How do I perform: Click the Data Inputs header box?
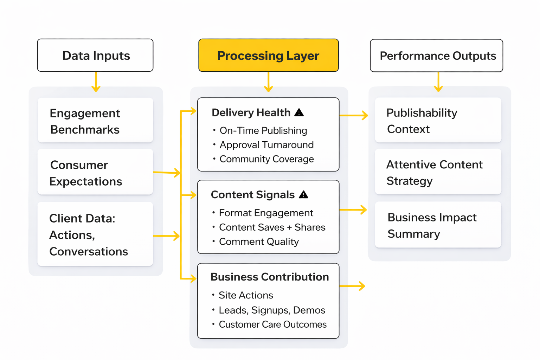[95, 56]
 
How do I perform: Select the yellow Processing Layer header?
[268, 56]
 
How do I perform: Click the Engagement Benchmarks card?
[95, 121]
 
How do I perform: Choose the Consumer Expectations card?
[95, 172]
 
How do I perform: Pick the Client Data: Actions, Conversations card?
[95, 234]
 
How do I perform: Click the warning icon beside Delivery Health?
[299, 112]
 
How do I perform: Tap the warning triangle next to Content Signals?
[303, 195]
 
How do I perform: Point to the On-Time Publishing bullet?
[263, 131]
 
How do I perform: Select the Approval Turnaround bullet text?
[266, 145]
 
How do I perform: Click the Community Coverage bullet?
[266, 159]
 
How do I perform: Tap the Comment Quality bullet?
[258, 242]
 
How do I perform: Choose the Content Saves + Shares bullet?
[272, 227]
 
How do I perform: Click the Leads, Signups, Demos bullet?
[271, 310]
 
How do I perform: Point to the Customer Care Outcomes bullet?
[272, 324]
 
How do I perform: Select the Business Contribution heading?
[269, 277]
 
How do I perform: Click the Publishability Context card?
[438, 121]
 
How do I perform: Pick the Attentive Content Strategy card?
[438, 172]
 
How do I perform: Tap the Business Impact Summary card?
[438, 225]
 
